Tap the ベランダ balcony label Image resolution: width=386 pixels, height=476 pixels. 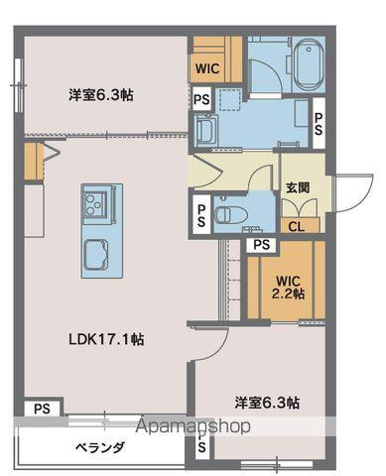(x=99, y=447)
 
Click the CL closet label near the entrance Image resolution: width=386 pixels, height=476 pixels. (x=297, y=226)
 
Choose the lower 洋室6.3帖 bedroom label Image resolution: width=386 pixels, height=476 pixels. (x=267, y=404)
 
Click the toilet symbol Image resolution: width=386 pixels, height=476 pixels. (x=224, y=212)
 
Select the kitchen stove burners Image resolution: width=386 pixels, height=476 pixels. (x=96, y=205)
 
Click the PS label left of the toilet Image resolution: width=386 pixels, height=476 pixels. (x=201, y=215)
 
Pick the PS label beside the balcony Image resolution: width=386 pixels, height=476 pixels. (x=41, y=408)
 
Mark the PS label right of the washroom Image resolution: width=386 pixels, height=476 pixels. (x=319, y=124)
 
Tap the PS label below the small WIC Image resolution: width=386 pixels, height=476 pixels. (x=201, y=99)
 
